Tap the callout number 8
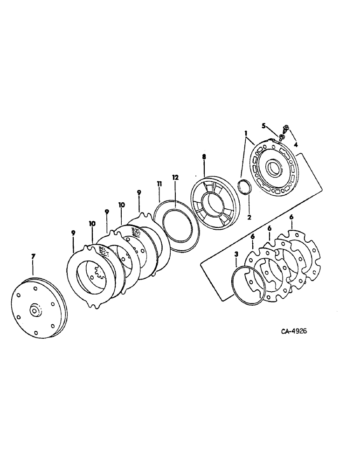pos(204,158)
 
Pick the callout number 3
pos(237,254)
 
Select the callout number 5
pos(263,125)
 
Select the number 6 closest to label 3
pos(252,237)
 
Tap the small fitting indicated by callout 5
pos(282,136)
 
